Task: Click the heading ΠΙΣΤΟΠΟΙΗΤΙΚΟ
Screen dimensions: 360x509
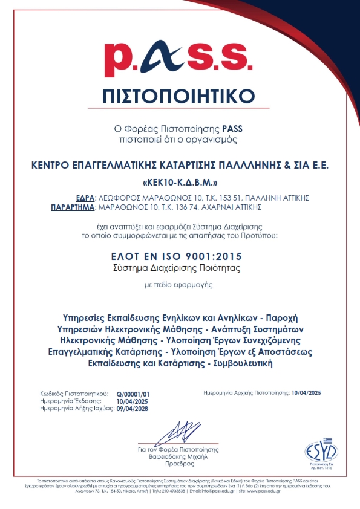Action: click(180, 97)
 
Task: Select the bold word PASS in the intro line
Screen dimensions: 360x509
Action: click(232, 129)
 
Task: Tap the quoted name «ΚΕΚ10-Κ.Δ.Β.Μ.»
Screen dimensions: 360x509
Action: click(180, 182)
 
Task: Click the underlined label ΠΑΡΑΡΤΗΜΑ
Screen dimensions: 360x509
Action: click(71, 206)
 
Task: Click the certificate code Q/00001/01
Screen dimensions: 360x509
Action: click(132, 394)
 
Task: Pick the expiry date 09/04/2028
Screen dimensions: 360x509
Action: click(132, 409)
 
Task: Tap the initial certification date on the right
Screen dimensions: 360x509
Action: click(306, 393)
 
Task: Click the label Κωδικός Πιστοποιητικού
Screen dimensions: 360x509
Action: click(73, 394)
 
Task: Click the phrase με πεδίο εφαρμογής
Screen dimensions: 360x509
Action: click(180, 283)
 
